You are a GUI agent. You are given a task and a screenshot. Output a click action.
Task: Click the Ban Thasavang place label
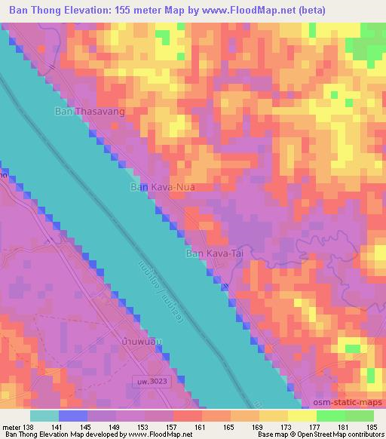pyautogui.click(x=89, y=112)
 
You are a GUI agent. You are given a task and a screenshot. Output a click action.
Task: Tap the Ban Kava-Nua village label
pyautogui.click(x=164, y=186)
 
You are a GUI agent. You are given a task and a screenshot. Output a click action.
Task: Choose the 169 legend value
pyautogui.click(x=259, y=427)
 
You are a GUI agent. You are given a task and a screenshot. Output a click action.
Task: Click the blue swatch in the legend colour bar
pyautogui.click(x=73, y=416)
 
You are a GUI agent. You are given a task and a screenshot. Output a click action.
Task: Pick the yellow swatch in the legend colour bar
pyautogui.click(x=302, y=416)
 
